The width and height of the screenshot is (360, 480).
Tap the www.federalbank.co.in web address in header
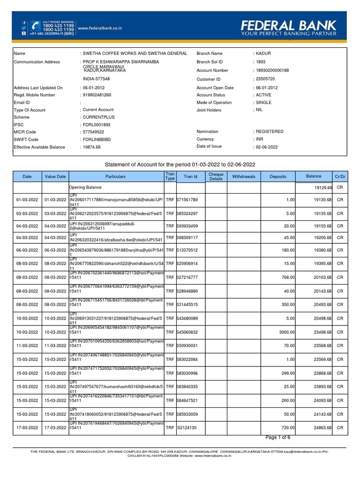(99, 28)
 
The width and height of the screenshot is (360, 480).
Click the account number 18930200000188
(272, 70)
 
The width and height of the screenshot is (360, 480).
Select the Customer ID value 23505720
(265, 79)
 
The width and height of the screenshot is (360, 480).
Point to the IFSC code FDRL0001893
(97, 125)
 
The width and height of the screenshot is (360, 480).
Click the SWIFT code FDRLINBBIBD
(97, 139)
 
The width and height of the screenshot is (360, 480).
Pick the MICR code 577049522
(94, 132)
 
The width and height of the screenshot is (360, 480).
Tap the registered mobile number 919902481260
(97, 95)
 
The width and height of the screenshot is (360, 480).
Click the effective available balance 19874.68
(92, 147)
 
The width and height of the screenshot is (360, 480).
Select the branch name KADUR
(263, 54)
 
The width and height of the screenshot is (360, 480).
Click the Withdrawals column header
(244, 177)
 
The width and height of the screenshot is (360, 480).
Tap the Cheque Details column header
(216, 177)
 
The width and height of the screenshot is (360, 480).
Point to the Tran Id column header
(191, 177)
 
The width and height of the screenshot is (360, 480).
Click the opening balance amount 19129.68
(323, 187)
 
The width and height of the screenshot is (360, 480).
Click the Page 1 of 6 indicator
(278, 437)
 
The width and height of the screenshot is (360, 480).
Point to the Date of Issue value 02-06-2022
(267, 147)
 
